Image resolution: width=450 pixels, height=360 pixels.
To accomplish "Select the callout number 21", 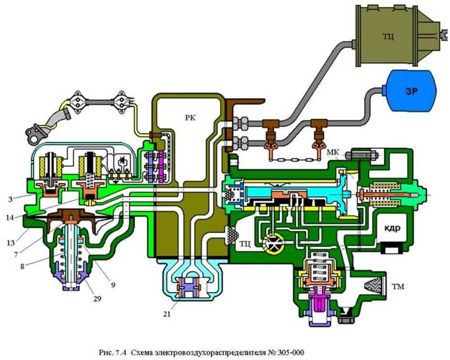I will pos(168,314).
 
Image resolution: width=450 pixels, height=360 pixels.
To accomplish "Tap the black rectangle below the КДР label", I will pos(392,248).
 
